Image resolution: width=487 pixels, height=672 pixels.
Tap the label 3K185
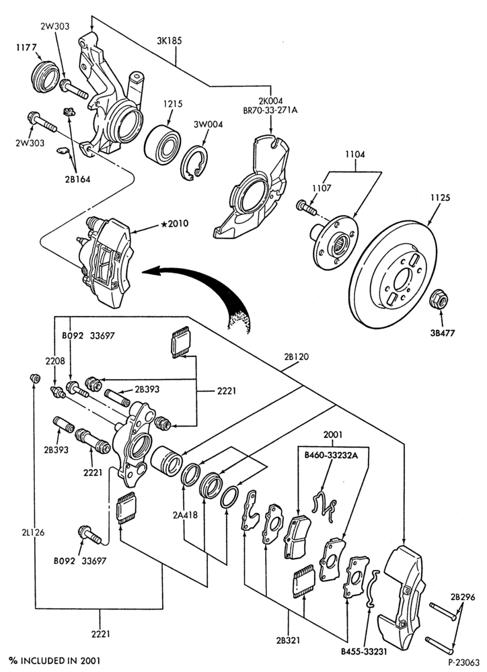point(169,41)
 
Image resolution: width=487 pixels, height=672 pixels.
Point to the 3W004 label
point(208,125)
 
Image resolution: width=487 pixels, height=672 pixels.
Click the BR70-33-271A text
point(270,110)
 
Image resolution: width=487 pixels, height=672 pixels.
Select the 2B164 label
point(77,179)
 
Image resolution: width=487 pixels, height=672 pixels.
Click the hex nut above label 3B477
point(439,299)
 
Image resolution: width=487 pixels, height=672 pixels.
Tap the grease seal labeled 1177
point(44,76)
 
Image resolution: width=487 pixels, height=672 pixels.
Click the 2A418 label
point(186,515)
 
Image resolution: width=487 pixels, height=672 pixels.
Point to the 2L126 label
point(33,532)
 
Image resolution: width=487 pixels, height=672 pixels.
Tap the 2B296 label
point(463,597)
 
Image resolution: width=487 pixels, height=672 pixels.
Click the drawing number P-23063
point(464,663)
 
